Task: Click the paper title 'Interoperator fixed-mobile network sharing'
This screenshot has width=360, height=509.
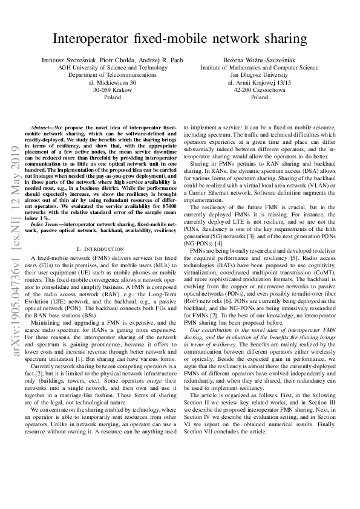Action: (180, 39)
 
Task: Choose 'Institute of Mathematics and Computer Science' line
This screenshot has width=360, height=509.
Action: (259, 68)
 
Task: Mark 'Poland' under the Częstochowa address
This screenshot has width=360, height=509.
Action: (259, 97)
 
